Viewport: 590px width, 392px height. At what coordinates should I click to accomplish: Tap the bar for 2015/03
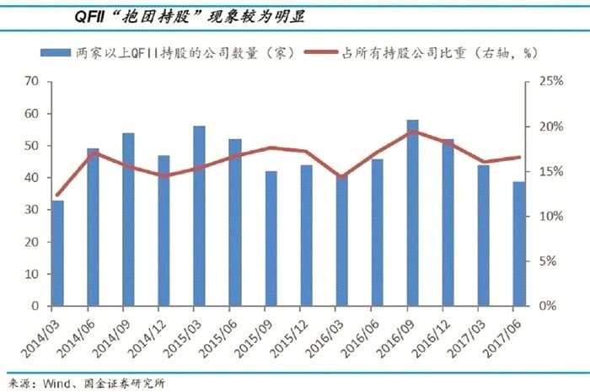[199, 216]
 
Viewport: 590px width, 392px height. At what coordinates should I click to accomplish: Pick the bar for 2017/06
[518, 244]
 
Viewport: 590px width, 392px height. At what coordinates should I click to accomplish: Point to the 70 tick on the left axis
[33, 82]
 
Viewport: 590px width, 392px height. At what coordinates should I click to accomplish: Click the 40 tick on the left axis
[33, 178]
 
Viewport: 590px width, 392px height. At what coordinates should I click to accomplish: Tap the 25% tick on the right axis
[540, 82]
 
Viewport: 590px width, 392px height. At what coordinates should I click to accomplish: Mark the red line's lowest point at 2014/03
[57, 195]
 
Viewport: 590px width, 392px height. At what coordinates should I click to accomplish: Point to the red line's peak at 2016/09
[412, 132]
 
